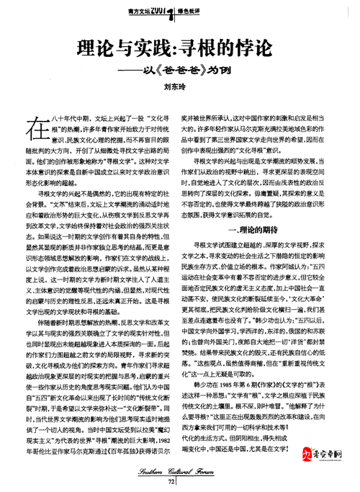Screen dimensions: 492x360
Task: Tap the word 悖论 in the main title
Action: point(255,50)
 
